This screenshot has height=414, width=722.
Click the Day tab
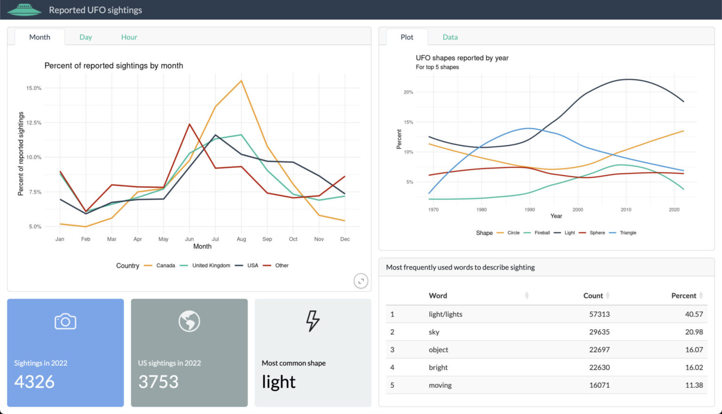(86, 37)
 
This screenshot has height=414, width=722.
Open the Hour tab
(129, 37)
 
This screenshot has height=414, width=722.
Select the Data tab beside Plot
(450, 37)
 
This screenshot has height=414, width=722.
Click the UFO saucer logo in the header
(24, 9)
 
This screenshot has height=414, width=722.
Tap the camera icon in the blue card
(65, 322)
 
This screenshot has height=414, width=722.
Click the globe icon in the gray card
(189, 322)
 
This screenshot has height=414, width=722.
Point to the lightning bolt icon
(313, 321)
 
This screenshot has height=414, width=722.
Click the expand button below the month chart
(361, 281)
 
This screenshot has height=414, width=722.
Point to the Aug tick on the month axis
(241, 239)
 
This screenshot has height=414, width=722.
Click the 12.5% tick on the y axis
(34, 123)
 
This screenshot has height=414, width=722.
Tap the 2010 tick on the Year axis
(626, 210)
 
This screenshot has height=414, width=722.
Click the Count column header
(593, 296)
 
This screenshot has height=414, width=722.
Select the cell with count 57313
(599, 314)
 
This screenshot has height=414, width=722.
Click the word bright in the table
(438, 368)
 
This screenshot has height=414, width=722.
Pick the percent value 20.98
(694, 332)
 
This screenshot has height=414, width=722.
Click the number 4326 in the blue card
(34, 382)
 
